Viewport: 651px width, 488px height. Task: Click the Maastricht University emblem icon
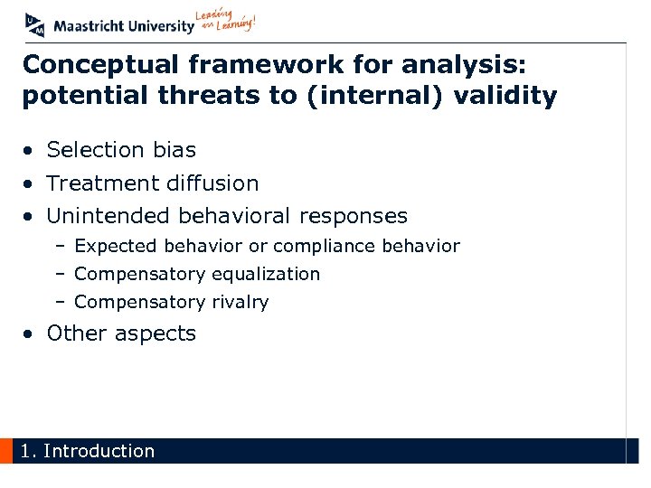34,24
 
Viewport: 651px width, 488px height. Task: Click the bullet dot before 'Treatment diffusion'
31,184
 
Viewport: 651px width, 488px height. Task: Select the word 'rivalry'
240,302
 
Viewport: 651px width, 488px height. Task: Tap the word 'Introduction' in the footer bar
99,451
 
